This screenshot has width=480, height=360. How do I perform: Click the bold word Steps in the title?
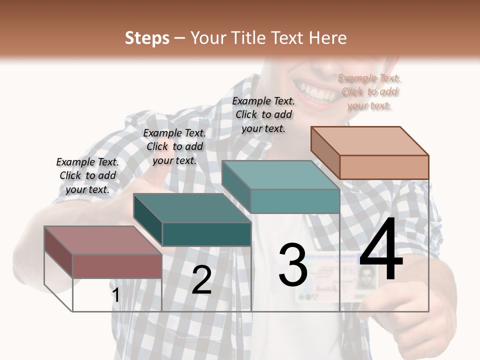pos(147,38)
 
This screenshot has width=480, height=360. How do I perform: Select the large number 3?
pos(293,265)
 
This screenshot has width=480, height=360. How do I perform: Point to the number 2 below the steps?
pos(201,280)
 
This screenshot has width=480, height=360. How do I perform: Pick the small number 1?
pos(116,295)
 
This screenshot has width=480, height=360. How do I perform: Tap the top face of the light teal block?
pos(280,175)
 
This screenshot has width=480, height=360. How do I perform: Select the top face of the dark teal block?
pos(192,208)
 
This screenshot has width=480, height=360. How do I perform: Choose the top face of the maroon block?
pos(103,240)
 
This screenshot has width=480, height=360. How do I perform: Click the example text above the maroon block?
pos(87,175)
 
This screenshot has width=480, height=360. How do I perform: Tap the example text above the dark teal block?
pos(174,146)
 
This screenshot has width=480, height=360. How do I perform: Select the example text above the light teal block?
pos(263,114)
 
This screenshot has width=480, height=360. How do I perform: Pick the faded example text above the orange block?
pos(369,91)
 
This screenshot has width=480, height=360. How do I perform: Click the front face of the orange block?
pos(384,167)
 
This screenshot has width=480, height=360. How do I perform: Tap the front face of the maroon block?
pos(117,266)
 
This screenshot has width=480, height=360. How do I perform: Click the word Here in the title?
pos(328,38)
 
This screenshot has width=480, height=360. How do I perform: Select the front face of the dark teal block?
pos(206,234)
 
